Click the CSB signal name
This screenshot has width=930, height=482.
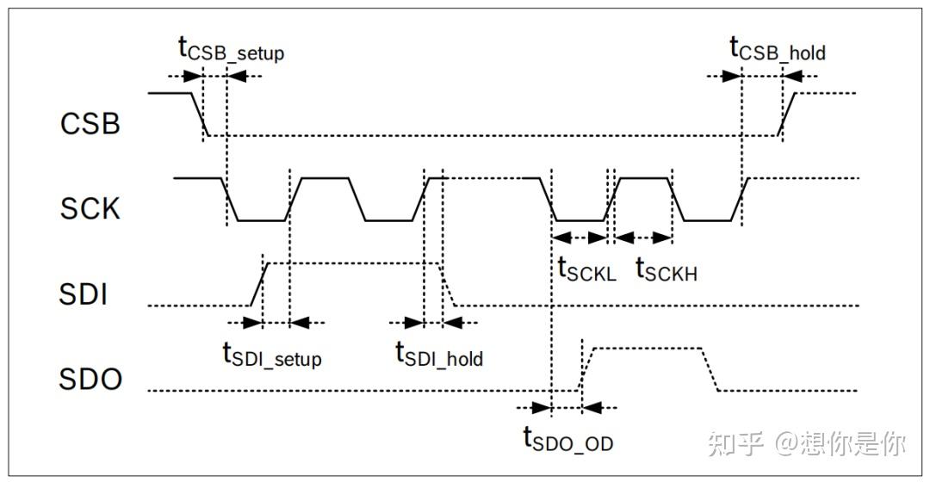(x=90, y=124)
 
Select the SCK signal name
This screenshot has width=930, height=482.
(x=90, y=208)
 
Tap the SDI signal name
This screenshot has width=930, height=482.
(x=84, y=295)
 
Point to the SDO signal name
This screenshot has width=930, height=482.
(x=90, y=380)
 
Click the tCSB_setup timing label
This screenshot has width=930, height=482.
(x=231, y=49)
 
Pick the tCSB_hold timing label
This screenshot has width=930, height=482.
(x=778, y=49)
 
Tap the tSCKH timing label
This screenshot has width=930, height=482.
(x=666, y=270)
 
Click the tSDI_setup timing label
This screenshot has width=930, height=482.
(x=271, y=354)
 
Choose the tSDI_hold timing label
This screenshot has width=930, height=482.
(x=438, y=354)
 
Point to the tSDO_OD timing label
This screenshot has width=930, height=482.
(x=567, y=440)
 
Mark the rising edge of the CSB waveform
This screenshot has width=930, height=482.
(x=786, y=113)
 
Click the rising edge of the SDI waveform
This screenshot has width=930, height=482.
(x=257, y=283)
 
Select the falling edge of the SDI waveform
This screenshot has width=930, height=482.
(x=448, y=283)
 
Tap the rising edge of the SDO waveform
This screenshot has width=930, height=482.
(x=586, y=369)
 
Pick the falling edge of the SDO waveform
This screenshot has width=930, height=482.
(x=710, y=369)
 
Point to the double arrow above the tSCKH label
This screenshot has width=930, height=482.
(x=642, y=237)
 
